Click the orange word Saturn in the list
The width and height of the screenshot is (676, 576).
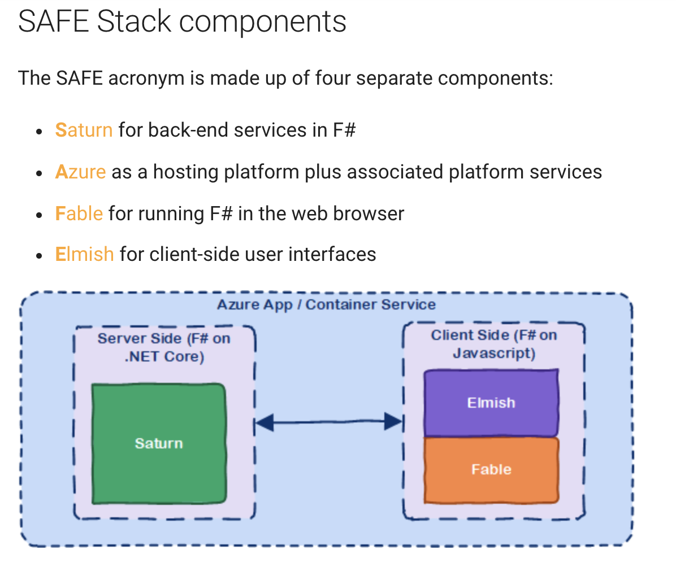tap(84, 130)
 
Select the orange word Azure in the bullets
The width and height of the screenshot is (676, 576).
tap(81, 172)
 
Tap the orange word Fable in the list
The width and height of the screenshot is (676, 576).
tap(79, 213)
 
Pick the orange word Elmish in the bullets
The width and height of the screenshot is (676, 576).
tap(85, 254)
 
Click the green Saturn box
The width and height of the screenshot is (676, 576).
tap(159, 443)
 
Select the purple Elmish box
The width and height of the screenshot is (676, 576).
tap(491, 403)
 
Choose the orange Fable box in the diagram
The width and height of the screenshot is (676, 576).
tap(491, 470)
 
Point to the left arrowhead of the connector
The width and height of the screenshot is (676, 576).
tap(265, 422)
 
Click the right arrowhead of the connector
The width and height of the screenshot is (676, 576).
tap(393, 421)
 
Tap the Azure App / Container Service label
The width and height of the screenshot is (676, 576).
tap(326, 304)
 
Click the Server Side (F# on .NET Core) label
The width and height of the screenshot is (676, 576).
tap(164, 347)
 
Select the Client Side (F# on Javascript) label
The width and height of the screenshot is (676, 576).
tap(494, 344)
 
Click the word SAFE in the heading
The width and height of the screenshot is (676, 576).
tap(54, 21)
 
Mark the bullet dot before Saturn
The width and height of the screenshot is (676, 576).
tap(39, 132)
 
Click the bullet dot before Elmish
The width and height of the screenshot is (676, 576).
tap(39, 256)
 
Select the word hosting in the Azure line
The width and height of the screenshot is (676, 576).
tap(186, 172)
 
